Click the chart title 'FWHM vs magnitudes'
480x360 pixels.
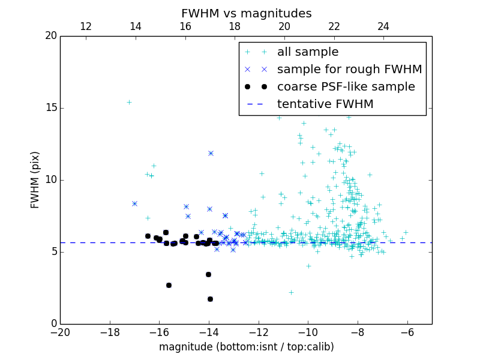pos(246,13)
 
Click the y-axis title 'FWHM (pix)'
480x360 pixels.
pos(35,179)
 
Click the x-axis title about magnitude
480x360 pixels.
pos(246,347)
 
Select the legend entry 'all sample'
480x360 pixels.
pos(308,52)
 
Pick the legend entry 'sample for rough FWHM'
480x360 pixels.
pos(349,70)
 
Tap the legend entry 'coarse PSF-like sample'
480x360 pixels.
pos(346,87)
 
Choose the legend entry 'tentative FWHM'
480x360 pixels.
pos(325,104)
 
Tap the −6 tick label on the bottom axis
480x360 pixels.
pos(407,332)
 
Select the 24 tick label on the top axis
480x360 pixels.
pos(383,26)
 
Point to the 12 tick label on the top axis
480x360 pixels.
pos(85,26)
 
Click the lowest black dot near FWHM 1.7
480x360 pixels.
pos(210,299)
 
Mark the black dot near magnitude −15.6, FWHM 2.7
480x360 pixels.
pos(169,285)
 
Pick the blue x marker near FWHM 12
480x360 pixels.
pos(211,153)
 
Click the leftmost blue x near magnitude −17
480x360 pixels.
pos(134,203)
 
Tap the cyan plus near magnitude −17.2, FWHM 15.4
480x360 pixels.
pos(129,102)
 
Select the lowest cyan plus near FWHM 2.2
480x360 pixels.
pos(291,292)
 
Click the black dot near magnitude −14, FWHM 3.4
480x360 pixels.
pos(208,274)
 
